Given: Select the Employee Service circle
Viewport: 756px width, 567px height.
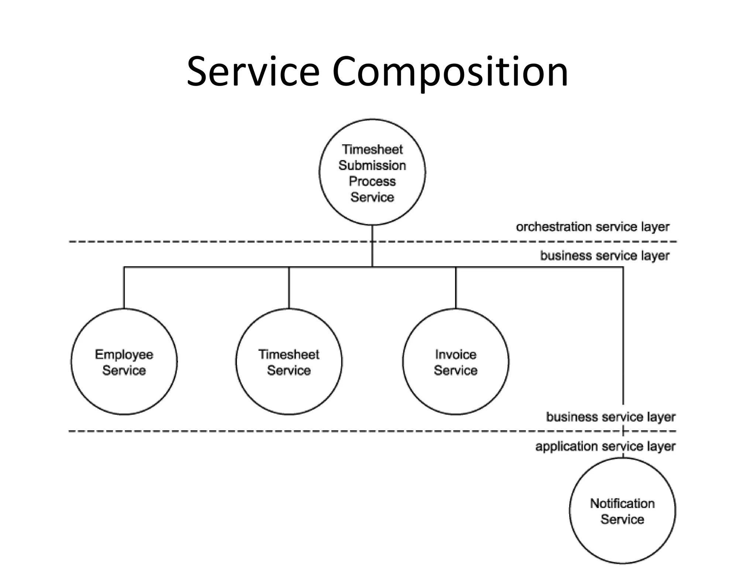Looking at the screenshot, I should (x=124, y=362).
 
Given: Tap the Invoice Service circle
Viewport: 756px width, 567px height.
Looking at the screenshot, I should (x=456, y=362).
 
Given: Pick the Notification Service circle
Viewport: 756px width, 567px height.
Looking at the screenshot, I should (x=622, y=511).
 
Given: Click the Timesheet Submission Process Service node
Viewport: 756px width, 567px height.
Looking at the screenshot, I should (x=372, y=172).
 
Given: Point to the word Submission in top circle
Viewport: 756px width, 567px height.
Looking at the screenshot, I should (x=372, y=165).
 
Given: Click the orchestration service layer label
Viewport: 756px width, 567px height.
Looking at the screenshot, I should (x=592, y=227).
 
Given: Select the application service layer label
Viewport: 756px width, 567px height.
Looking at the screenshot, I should (x=605, y=446).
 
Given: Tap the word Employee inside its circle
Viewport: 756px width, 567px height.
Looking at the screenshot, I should (x=124, y=354).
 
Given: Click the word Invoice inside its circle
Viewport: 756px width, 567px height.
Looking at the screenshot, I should (x=456, y=354).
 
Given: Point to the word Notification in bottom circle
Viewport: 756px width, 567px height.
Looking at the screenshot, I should (x=622, y=504).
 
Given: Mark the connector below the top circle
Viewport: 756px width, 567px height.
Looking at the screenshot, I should (x=372, y=245).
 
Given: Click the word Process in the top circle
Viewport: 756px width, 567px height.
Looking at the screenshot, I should (x=372, y=181).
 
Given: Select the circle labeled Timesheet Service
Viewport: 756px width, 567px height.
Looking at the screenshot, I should (x=289, y=362).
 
